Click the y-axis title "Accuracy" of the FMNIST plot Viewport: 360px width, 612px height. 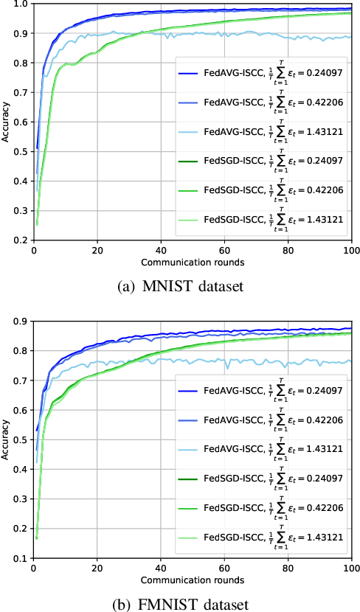coord(7,440)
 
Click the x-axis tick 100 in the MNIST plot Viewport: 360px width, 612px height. coord(352,251)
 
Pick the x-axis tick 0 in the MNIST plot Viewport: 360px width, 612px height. coord(33,251)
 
